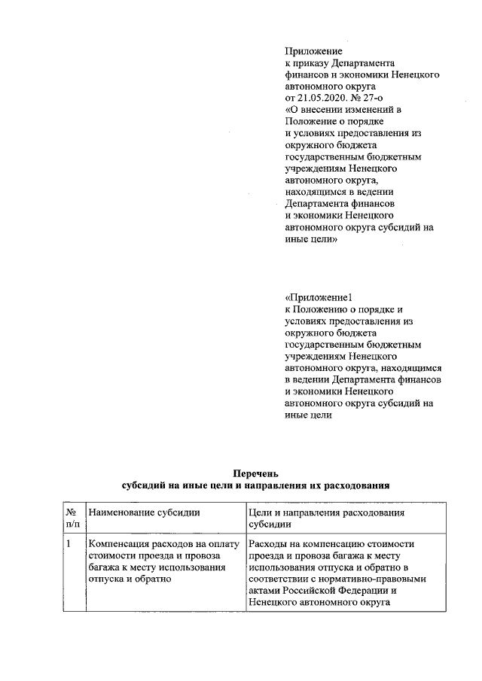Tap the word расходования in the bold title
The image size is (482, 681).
pos(357,485)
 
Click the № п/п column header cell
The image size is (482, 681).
pos(73,518)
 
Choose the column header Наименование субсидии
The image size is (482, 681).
pos(145,512)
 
